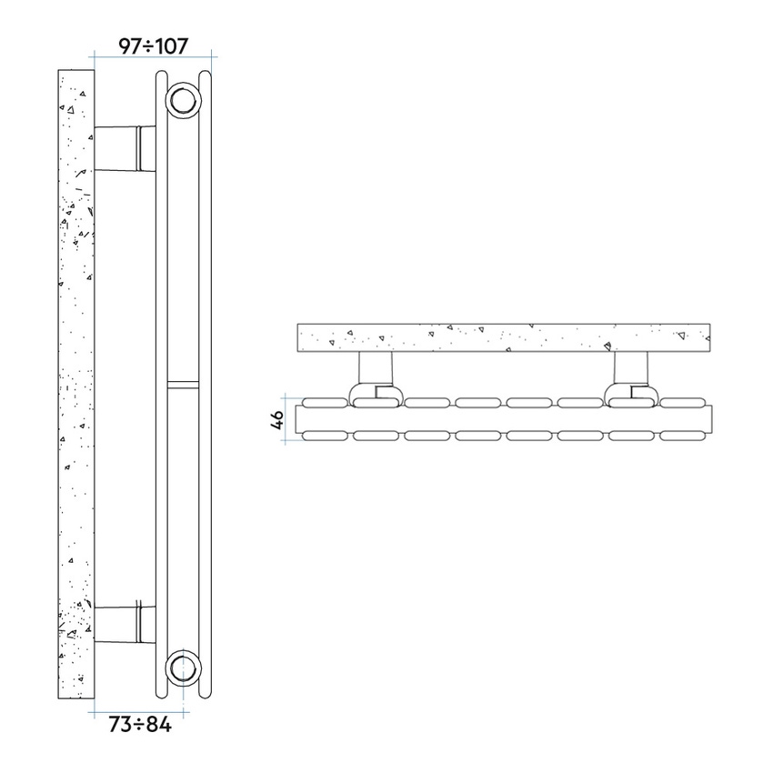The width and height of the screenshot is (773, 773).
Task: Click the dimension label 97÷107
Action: (154, 46)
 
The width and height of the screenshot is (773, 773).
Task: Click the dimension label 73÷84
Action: (140, 724)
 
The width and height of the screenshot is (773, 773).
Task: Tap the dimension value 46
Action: (277, 419)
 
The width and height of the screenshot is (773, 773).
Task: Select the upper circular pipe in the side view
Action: (184, 101)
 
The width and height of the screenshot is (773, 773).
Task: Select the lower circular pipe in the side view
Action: (184, 668)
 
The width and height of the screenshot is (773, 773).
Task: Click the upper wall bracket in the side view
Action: (125, 149)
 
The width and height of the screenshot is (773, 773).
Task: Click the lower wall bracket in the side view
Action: (125, 625)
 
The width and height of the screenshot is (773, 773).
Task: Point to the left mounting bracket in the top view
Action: (376, 378)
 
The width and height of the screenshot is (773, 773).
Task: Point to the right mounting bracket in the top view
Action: (632, 378)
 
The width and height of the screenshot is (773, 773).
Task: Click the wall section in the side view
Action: (75, 384)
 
